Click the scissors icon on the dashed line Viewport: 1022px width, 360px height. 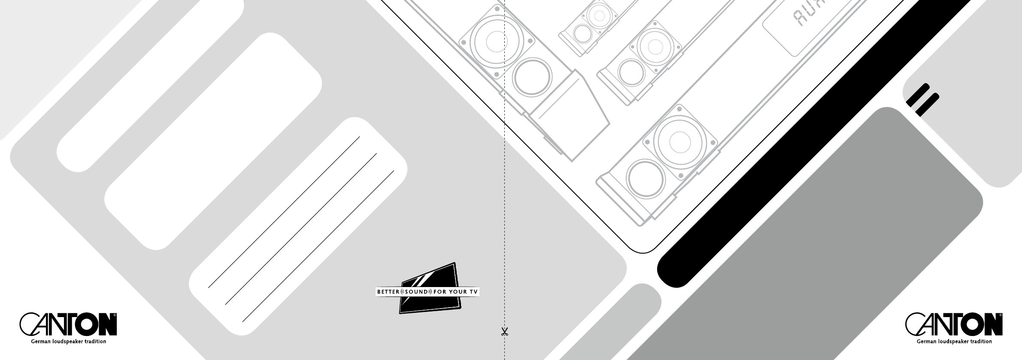click(504, 332)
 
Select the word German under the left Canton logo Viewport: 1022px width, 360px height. click(40, 342)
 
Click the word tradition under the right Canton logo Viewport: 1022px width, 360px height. click(980, 342)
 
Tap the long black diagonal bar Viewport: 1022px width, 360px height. click(816, 142)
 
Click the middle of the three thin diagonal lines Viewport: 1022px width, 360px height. click(300, 229)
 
